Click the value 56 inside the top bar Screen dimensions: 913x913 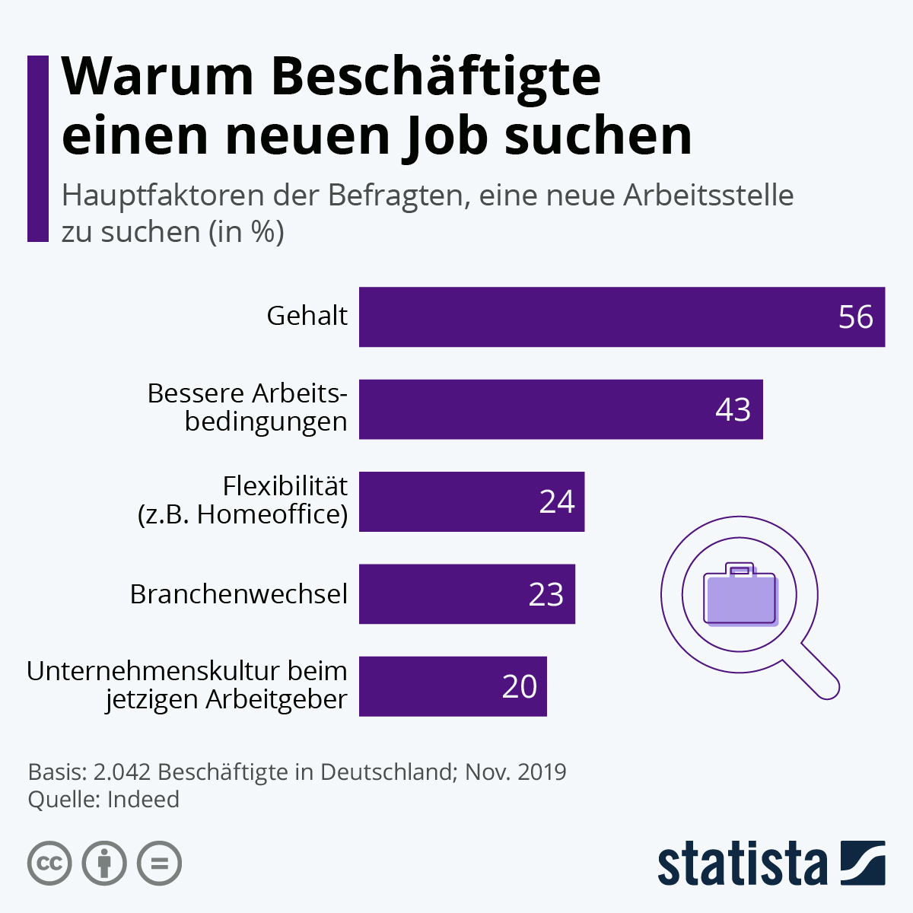(x=855, y=317)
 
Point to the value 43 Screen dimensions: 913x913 (x=733, y=410)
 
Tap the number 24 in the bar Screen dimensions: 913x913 (x=556, y=502)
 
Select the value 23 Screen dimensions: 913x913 (x=546, y=595)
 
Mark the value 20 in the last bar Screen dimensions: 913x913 (x=520, y=687)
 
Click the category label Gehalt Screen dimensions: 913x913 (x=307, y=316)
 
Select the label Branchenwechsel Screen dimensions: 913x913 (x=238, y=594)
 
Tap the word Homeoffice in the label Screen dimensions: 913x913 (x=272, y=515)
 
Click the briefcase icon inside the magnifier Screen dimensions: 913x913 (x=740, y=595)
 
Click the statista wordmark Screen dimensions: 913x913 (x=742, y=864)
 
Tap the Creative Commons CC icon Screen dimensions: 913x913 (x=49, y=864)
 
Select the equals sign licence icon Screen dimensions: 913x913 (x=159, y=864)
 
